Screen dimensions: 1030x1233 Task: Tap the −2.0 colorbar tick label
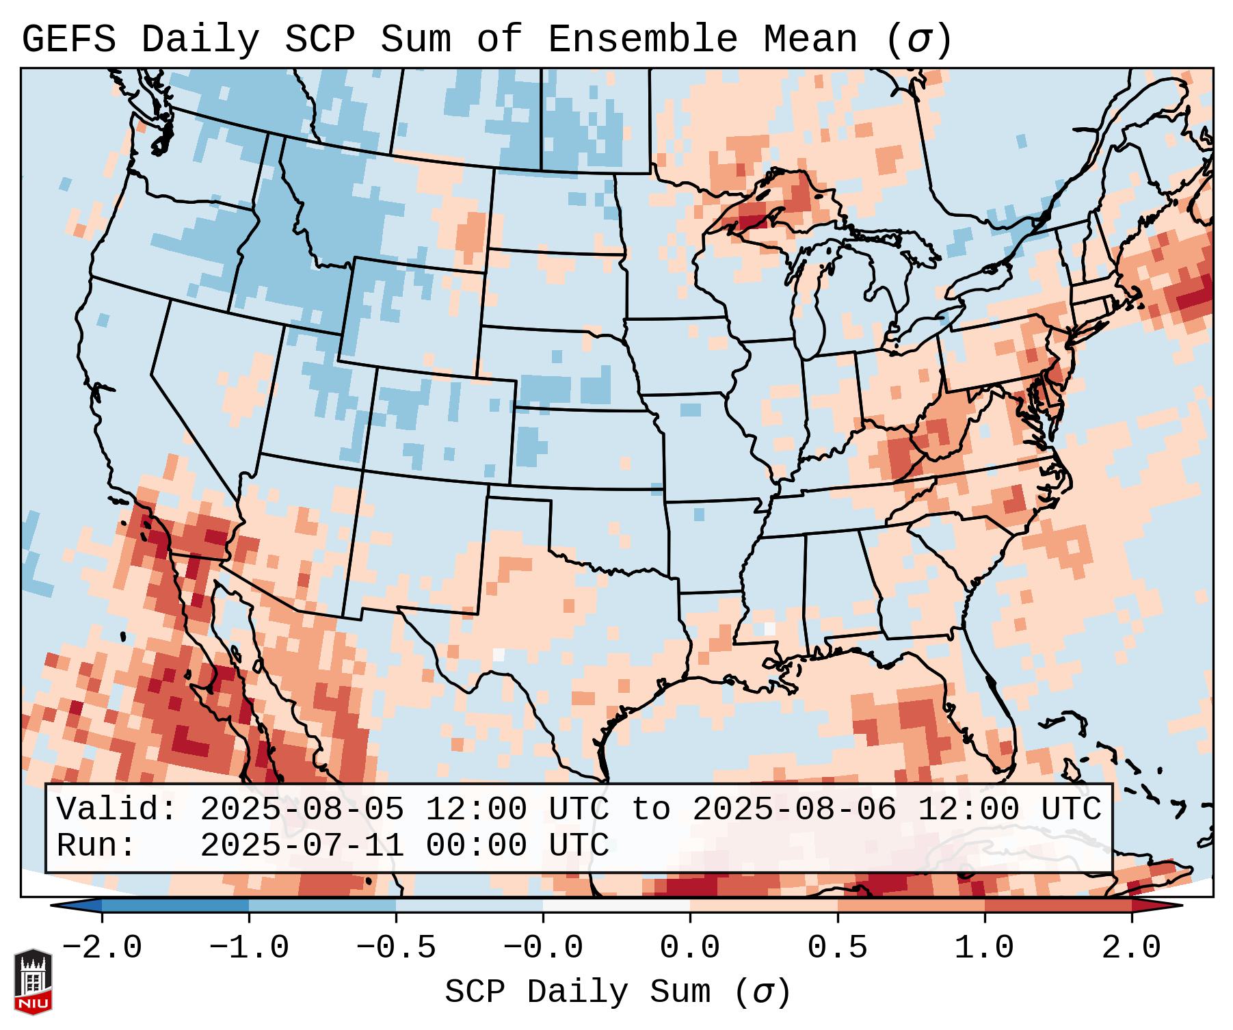102,948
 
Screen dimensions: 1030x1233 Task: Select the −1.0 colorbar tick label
249,948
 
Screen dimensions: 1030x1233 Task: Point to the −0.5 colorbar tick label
396,948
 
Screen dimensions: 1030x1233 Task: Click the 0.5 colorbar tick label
837,948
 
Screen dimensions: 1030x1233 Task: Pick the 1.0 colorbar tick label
984,948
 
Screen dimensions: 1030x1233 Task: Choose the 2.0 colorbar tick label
1131,948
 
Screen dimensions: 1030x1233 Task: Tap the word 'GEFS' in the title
68,40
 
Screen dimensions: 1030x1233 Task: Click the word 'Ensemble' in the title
643,40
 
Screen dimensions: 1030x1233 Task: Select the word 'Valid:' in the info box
117,810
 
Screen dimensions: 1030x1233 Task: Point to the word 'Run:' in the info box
96,845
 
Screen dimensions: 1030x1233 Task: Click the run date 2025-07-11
302,845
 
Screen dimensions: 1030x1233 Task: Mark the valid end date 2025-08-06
794,810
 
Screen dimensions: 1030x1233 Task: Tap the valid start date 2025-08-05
302,810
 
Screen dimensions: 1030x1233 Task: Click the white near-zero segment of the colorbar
616,906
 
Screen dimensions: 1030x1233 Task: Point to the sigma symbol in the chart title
918,40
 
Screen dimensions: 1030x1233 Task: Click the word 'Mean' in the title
810,40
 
